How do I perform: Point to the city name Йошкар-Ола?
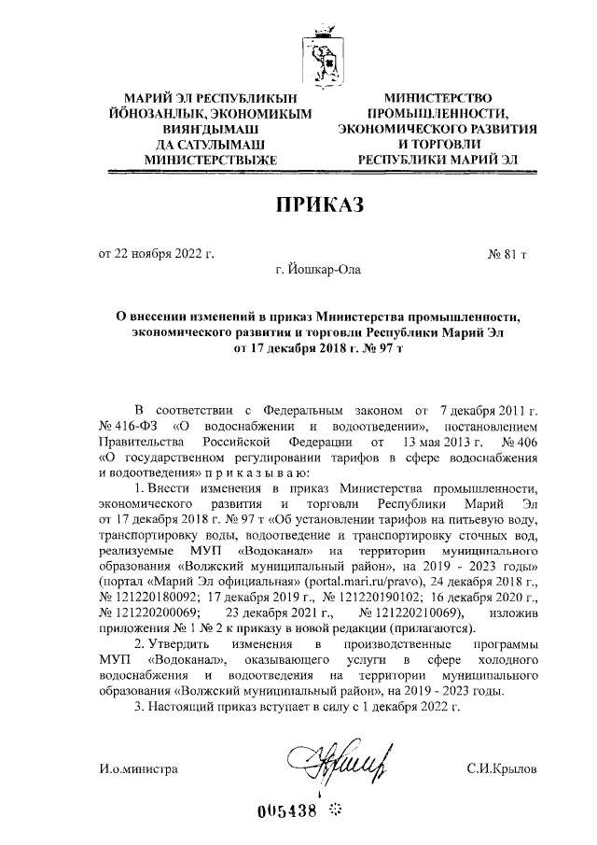(316, 271)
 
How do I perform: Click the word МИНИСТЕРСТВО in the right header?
(438, 97)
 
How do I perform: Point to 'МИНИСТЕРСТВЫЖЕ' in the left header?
(205, 160)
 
